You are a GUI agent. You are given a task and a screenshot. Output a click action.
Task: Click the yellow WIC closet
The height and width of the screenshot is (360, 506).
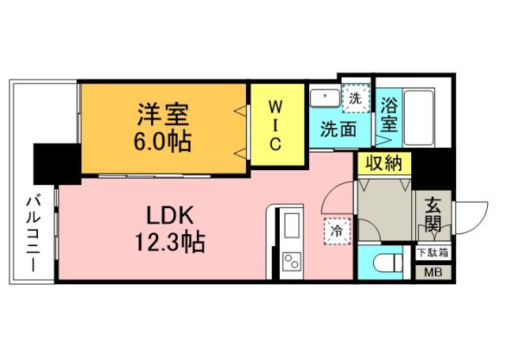point(277,124)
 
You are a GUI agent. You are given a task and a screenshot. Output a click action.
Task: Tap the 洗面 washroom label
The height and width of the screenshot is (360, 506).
point(338,130)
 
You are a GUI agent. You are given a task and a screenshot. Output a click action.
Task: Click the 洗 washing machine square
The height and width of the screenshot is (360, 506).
point(356,100)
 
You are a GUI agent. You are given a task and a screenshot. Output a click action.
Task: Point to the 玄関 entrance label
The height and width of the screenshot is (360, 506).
point(433,215)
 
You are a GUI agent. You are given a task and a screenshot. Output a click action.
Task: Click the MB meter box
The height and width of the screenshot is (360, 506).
point(433,273)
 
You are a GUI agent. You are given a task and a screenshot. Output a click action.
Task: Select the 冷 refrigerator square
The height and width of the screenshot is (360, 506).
point(335,231)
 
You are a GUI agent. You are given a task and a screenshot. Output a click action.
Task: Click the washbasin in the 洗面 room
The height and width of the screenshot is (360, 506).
point(325,99)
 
